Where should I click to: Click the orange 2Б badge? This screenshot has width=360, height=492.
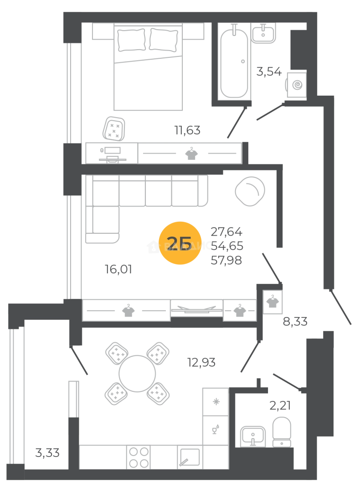pos(180,244)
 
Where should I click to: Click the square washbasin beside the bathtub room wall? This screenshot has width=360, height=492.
pos(296,84)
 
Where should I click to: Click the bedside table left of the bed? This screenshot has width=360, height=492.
pos(103,31)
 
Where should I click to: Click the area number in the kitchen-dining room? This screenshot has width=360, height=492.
pos(201,364)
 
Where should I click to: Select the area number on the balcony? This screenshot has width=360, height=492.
pos(47,454)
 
